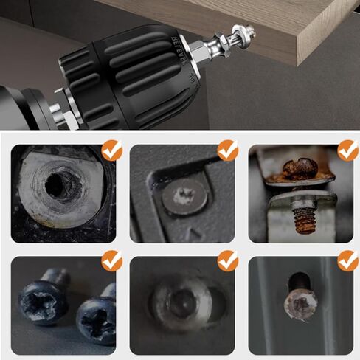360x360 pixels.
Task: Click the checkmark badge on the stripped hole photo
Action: [111, 150]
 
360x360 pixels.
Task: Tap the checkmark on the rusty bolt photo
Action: [347, 150]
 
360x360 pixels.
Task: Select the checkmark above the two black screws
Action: [111, 260]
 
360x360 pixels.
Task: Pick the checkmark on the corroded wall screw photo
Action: [347, 260]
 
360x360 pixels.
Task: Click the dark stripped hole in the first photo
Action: [58, 187]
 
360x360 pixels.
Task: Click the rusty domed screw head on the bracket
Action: [300, 169]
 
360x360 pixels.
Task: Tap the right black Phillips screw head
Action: [95, 320]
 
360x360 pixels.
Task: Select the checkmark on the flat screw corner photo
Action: [228, 150]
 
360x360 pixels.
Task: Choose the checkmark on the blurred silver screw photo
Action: [228, 260]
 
